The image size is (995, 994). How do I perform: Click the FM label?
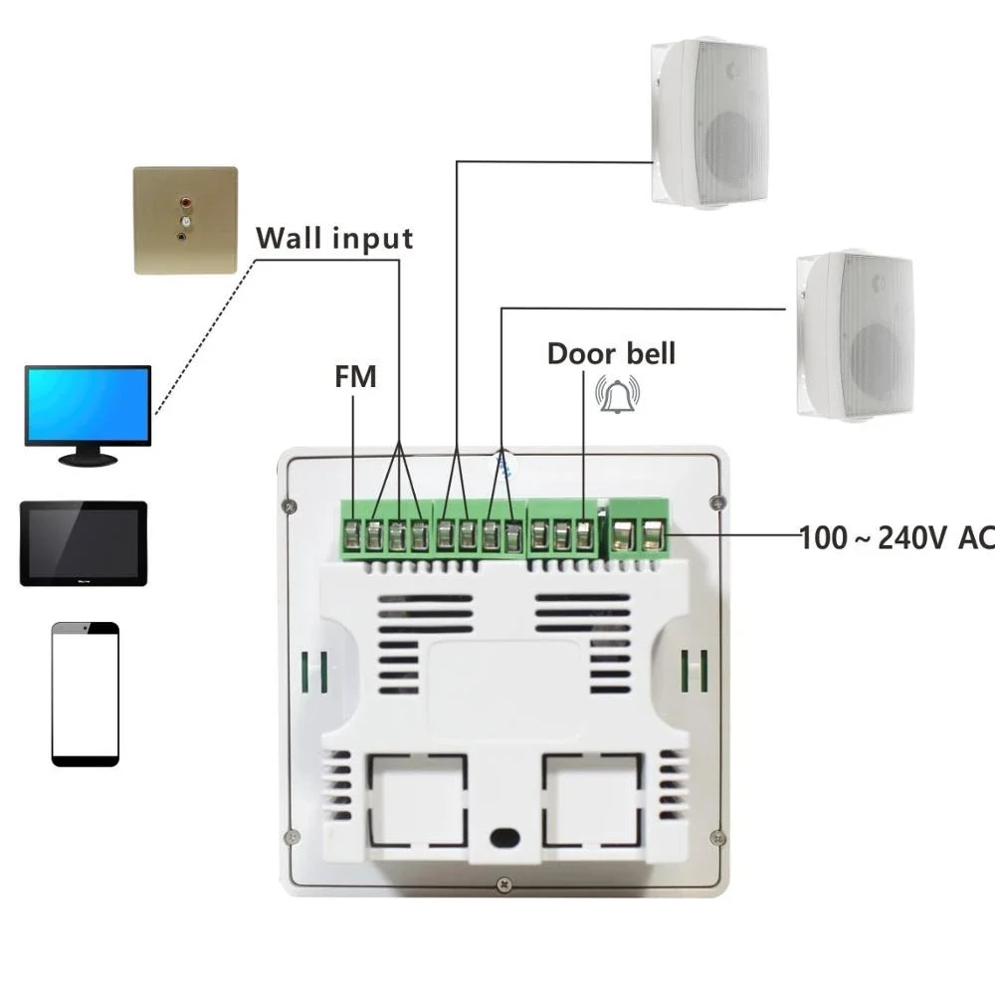click(354, 377)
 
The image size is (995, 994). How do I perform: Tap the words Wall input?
click(334, 239)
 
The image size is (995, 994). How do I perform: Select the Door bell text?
click(611, 353)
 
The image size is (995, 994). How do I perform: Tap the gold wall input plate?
click(186, 220)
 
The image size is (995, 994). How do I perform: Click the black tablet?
click(84, 543)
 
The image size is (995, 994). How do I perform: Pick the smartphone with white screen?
click(86, 694)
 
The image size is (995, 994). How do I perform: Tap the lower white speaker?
click(855, 334)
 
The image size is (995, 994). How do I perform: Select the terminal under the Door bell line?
click(584, 535)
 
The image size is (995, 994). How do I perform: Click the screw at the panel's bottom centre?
click(504, 883)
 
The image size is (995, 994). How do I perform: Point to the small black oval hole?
click(505, 837)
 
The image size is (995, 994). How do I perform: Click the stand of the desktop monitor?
click(89, 458)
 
